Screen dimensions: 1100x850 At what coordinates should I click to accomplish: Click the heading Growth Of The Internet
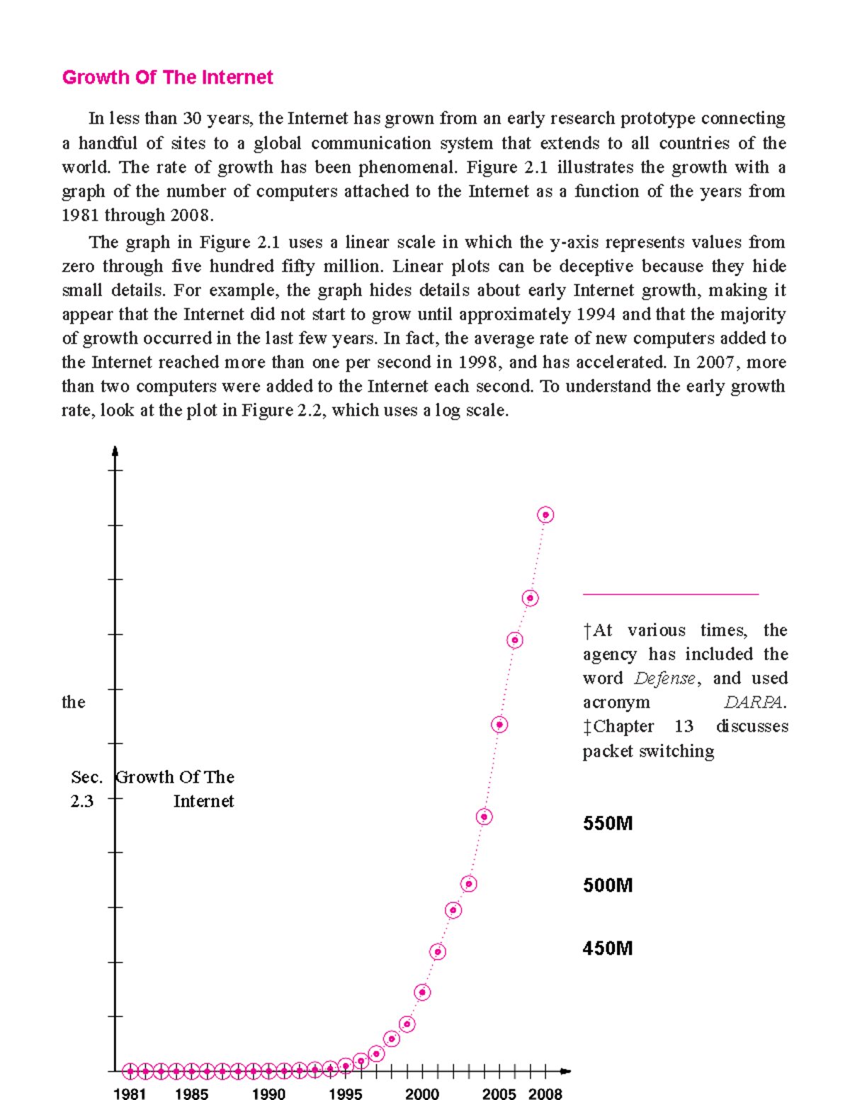pos(167,77)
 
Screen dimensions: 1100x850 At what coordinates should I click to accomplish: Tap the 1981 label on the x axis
pos(130,1094)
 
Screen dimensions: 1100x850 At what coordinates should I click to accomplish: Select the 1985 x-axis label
pos(191,1094)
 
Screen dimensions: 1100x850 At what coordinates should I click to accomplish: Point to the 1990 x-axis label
pos(268,1094)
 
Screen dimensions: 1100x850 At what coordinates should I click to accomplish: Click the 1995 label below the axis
pos(345,1094)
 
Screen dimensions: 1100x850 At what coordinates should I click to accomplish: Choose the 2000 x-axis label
pos(422,1094)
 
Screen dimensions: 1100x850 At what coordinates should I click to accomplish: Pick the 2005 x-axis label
pos(499,1094)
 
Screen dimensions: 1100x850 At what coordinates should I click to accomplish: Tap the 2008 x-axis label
pos(545,1094)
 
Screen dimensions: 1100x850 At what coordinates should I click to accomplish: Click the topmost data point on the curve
pos(545,515)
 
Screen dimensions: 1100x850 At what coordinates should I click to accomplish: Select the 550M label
pos(608,823)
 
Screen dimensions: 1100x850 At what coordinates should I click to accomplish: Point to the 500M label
pos(608,885)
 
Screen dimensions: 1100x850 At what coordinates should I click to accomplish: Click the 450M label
pos(608,948)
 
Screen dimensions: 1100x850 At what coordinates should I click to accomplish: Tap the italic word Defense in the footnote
pos(664,679)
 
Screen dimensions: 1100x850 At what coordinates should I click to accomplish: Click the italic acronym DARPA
pos(754,703)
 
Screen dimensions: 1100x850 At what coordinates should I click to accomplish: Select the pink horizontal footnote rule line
pos(670,594)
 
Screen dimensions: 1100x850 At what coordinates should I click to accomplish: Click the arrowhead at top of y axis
pos(115,451)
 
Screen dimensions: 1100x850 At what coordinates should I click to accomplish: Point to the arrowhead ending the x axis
pos(565,1071)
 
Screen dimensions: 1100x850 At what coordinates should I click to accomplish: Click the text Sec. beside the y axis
pos(86,777)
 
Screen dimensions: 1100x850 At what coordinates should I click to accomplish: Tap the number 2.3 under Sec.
pos(82,801)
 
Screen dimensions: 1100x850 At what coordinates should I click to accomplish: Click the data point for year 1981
pos(130,1071)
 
